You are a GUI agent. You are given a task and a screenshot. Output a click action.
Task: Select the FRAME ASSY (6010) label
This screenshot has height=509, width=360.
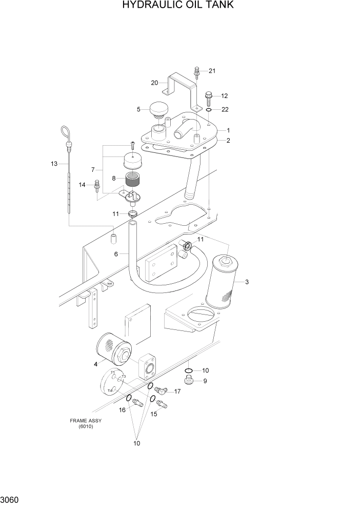point(86,423)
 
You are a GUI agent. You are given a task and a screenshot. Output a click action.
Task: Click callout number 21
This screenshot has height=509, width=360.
point(212,71)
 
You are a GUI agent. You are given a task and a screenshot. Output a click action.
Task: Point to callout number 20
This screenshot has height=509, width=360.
point(154,83)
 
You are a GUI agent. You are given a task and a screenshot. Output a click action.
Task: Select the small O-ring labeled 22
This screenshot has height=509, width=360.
point(209,110)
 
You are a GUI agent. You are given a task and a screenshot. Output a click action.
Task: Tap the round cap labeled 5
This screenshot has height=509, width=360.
point(158,109)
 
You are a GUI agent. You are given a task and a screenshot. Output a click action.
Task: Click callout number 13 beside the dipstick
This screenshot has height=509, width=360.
point(54,164)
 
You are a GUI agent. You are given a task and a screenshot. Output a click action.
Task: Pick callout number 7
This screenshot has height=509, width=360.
point(93,169)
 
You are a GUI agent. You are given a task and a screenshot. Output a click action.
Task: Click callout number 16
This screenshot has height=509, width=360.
point(123,410)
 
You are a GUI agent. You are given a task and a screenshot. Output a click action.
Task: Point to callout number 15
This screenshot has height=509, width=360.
point(153,414)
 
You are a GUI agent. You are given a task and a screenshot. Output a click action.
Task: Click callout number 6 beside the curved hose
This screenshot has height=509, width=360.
point(116,254)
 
